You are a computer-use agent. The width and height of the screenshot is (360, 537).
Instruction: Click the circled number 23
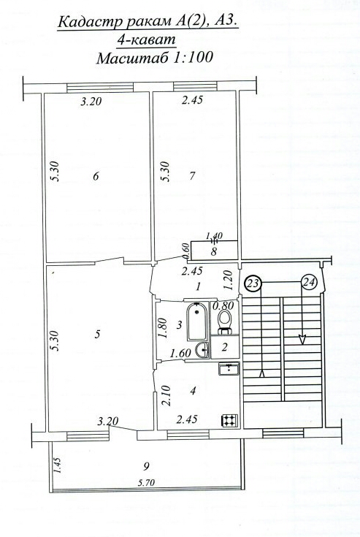coord(253,284)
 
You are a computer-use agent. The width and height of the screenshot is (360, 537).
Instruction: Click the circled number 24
coord(309,283)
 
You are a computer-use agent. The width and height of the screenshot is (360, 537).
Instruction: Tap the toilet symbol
coord(225,322)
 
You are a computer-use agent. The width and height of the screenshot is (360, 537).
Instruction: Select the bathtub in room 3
coord(196,321)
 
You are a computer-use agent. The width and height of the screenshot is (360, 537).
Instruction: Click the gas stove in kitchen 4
coord(230,420)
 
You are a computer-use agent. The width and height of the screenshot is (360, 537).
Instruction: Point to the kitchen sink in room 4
coord(229,369)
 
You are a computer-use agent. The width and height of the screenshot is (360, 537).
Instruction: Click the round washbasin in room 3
coord(202,350)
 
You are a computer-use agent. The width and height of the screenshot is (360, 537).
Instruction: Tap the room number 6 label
coord(96,176)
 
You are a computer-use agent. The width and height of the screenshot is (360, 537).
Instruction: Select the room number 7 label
coord(192,175)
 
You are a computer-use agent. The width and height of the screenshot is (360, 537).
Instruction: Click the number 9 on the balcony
coord(147,466)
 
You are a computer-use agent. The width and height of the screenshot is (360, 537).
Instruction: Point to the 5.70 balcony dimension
coord(146,483)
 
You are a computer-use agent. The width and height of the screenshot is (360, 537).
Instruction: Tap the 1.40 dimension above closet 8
coord(214,236)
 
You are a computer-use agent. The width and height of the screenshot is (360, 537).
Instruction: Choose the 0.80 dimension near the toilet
coord(223,305)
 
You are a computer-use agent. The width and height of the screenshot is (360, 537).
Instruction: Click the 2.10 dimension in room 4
coord(166,395)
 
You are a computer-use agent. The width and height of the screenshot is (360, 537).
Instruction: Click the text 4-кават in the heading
coord(147,39)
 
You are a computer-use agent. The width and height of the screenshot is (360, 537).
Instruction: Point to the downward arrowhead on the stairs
coord(302,339)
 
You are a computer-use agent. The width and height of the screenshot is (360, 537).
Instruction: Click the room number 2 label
coord(224,347)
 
